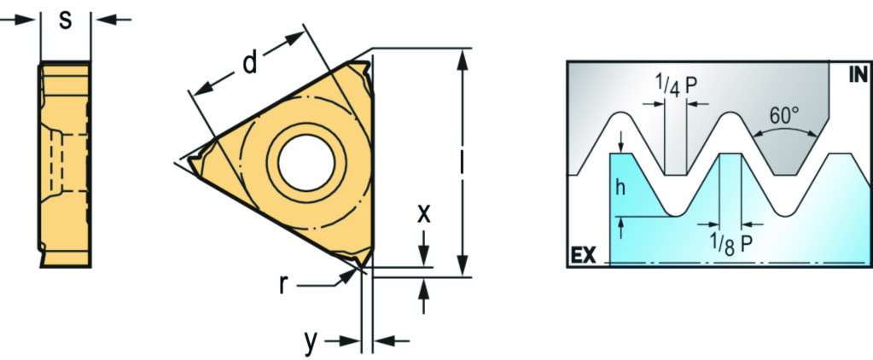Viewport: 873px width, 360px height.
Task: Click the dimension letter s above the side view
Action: click(x=66, y=21)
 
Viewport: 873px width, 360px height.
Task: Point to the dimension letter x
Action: click(x=424, y=213)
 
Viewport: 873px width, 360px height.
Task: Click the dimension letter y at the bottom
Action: click(x=311, y=342)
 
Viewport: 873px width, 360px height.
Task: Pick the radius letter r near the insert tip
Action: click(x=283, y=285)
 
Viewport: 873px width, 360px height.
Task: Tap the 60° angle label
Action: click(x=784, y=116)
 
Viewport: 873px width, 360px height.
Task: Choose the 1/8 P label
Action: click(x=730, y=245)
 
